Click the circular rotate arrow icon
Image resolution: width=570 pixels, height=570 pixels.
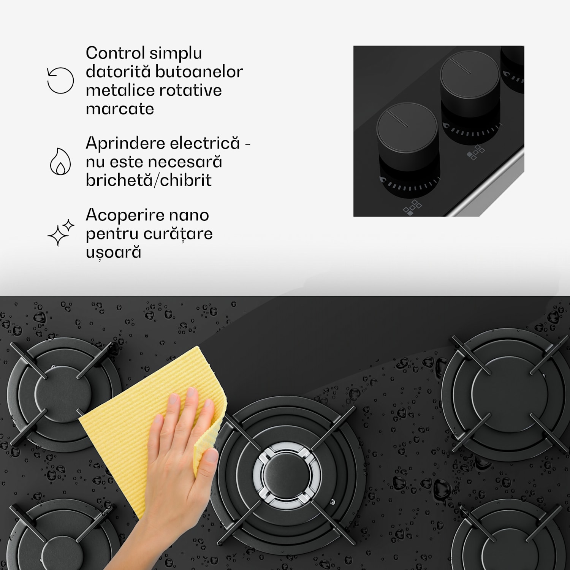tap(60, 81)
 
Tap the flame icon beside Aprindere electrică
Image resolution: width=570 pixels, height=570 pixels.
tap(60, 161)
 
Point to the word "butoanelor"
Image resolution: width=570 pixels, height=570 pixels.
tap(199, 71)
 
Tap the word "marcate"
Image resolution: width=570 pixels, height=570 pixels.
tap(120, 109)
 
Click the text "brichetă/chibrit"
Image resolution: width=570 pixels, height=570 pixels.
tap(149, 180)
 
